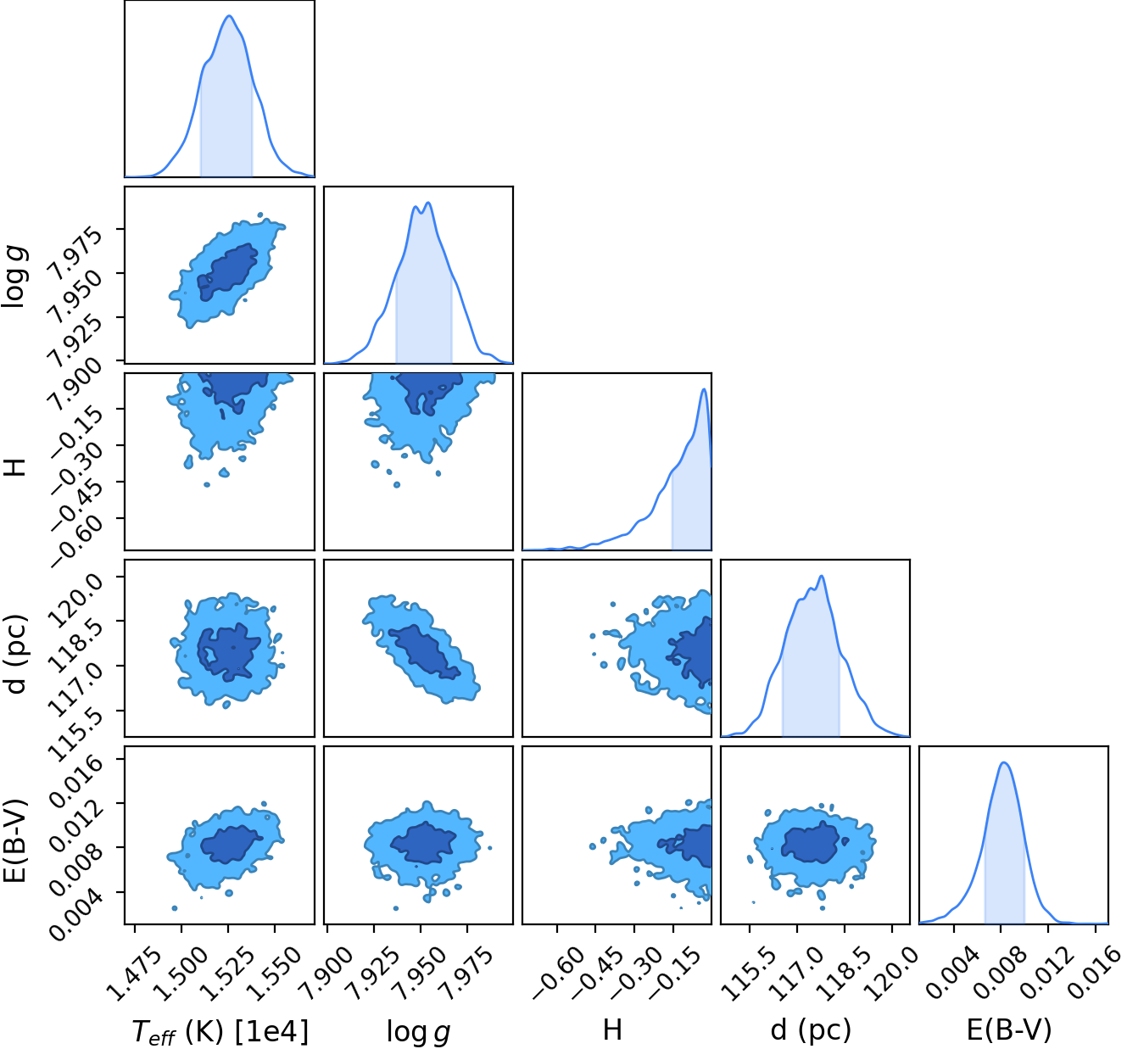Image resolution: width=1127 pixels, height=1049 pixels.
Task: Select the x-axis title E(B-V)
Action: (1009, 1028)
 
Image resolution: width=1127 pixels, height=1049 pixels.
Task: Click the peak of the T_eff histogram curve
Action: (229, 15)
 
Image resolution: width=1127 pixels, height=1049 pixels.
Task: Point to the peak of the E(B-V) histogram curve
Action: (1004, 762)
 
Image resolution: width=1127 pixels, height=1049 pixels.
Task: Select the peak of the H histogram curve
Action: (704, 389)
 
